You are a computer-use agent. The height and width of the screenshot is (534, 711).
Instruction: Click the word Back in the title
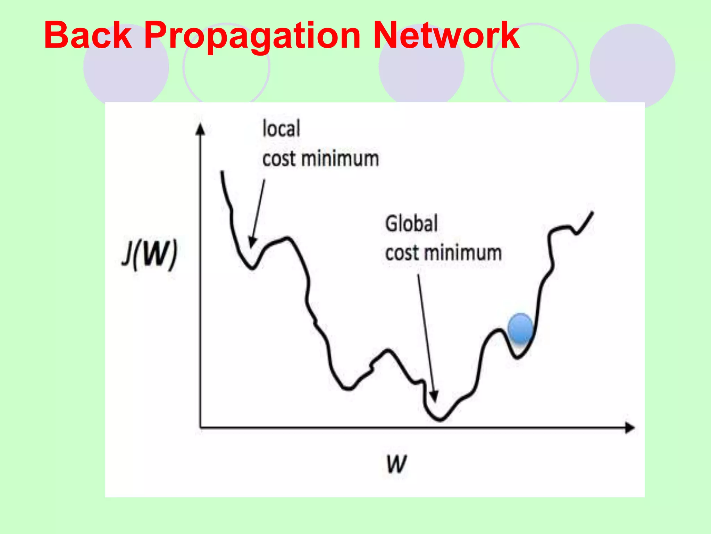88,35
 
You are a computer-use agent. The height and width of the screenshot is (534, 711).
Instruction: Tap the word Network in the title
446,35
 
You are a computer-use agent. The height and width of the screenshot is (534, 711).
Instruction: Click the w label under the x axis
396,464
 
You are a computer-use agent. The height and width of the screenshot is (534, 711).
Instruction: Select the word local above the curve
281,128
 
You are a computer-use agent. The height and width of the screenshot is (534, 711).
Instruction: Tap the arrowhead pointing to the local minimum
252,242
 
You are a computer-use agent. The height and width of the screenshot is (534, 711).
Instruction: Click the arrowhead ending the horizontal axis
630,427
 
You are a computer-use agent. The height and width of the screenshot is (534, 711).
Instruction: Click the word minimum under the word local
340,159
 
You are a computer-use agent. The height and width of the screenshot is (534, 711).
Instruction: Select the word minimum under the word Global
463,253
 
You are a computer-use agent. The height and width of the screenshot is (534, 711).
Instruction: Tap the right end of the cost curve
592,212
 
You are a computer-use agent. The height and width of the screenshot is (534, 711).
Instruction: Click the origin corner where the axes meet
200,427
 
